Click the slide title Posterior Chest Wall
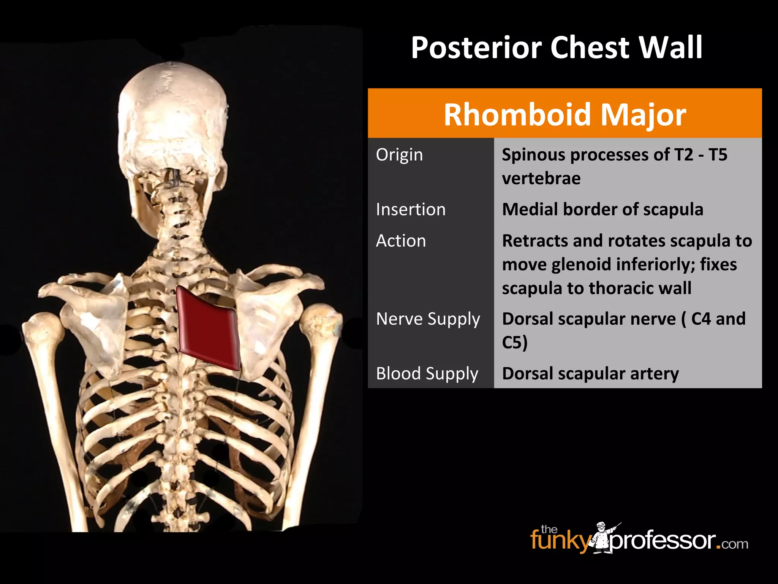coord(557,48)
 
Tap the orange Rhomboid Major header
coord(565,114)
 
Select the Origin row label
coord(399,155)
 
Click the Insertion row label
coord(411,209)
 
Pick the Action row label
coord(401,241)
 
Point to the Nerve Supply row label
coord(428,319)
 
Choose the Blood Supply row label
coord(427,373)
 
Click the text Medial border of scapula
coord(602,209)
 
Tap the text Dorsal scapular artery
coord(590,373)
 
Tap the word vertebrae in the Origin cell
coord(541,178)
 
